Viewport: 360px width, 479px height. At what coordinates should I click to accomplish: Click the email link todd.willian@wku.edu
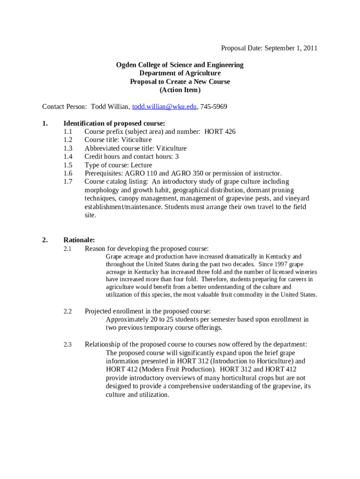(x=165, y=107)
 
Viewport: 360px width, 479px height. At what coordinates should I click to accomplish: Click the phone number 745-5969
(x=214, y=107)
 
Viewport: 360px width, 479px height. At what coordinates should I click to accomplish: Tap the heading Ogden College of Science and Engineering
(x=180, y=65)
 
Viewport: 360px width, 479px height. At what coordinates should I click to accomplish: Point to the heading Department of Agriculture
(x=180, y=73)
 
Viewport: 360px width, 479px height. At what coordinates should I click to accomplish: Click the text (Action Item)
(x=180, y=90)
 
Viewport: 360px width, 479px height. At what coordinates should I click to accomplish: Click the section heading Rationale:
(x=79, y=240)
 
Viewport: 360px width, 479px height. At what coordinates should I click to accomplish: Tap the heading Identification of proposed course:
(x=114, y=123)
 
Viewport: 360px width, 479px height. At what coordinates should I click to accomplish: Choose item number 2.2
(x=68, y=311)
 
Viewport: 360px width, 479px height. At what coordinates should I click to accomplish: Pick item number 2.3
(x=68, y=345)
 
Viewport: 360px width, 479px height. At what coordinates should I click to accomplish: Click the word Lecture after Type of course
(x=142, y=165)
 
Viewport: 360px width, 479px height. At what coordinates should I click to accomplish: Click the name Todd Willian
(x=110, y=107)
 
